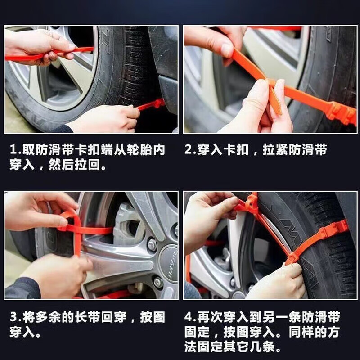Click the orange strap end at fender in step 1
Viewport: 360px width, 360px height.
(x=151, y=105)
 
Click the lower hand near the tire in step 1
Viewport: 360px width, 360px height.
(x=106, y=119)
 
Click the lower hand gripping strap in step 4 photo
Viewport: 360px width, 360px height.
(x=274, y=281)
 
